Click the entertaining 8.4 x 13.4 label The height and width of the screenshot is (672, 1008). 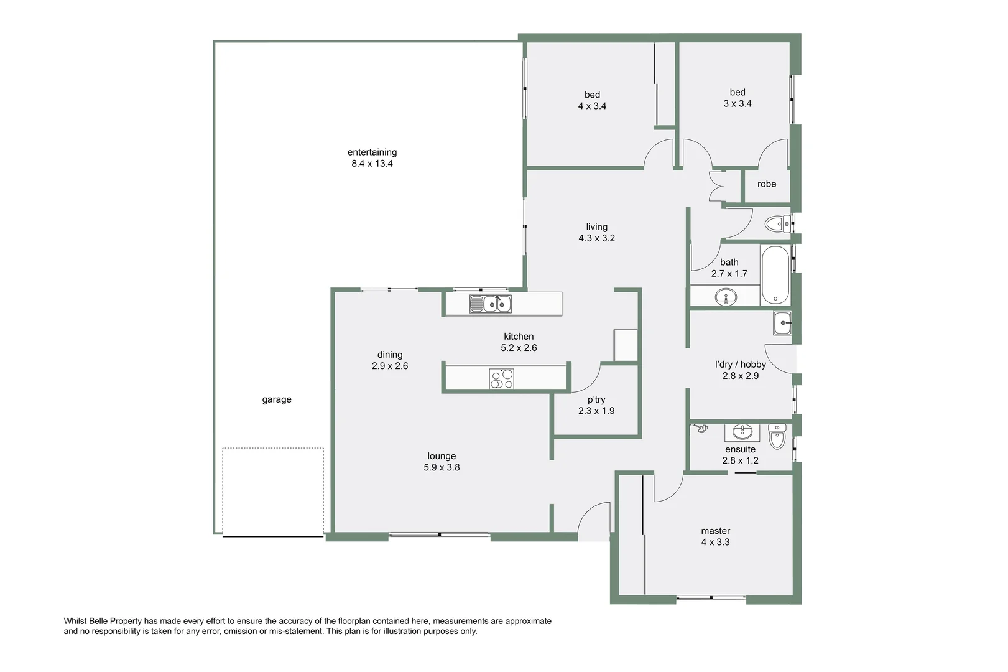372,158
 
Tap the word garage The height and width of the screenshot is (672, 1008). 277,399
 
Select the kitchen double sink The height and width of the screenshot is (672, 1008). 491,304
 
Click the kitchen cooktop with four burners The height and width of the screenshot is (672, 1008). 502,379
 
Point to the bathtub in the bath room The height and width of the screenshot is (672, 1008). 775,275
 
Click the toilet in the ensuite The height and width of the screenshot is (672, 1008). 777,437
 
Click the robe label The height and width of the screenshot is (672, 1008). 767,184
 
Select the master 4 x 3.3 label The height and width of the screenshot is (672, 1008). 715,536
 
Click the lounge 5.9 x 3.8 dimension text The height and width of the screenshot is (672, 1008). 442,467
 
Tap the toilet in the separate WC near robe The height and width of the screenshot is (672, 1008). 777,224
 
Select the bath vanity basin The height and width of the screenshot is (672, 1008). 724,297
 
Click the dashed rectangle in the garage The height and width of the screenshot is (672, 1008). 273,491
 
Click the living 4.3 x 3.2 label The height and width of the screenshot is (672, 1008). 596,232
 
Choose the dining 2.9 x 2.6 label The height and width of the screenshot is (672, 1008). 390,360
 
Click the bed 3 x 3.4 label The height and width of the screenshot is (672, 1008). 738,98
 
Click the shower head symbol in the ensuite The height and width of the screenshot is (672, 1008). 701,428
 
